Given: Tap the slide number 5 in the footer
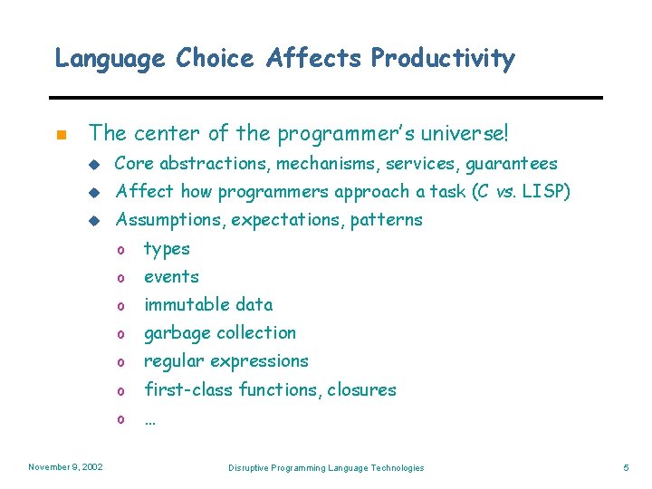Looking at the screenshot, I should point(626,467).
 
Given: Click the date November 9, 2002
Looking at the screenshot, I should point(65,467).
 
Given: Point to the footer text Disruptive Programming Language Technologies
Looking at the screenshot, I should point(326,467).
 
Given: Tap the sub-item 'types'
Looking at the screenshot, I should point(167,249).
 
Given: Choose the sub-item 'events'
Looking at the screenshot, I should point(171,277).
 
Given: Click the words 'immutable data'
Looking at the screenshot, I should point(208,305).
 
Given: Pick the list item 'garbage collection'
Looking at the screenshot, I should point(220,333).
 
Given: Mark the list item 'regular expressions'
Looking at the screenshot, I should point(226,361).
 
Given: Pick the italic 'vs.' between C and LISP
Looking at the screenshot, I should point(503,192).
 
